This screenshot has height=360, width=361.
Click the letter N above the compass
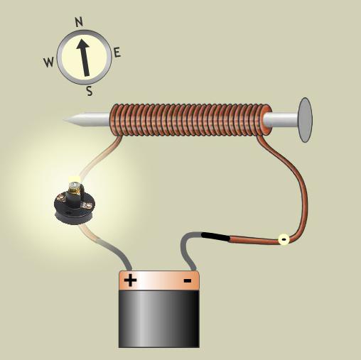79,22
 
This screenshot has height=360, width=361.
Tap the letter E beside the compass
117,53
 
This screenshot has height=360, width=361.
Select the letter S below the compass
90,91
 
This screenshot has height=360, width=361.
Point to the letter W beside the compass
49,62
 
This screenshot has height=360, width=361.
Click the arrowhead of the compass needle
82,44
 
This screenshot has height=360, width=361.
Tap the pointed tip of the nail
64,120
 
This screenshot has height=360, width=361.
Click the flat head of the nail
306,120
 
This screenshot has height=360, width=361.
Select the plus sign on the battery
130,280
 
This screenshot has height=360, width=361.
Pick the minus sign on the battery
188,280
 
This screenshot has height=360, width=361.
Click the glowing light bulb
75,186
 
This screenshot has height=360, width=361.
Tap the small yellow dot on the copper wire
284,239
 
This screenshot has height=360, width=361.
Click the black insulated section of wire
215,236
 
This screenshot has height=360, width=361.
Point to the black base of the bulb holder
75,208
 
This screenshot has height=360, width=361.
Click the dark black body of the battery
158,319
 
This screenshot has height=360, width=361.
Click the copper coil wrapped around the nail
190,120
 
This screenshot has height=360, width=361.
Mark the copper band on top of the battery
158,280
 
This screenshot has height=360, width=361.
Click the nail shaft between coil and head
281,120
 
